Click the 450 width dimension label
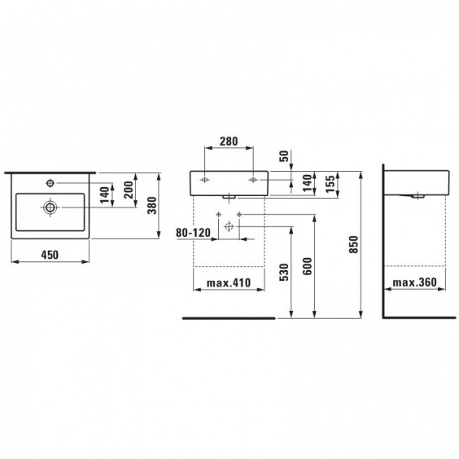point(50,255)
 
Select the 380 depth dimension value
point(152,206)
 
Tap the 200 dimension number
point(129,190)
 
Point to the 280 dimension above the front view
point(229,142)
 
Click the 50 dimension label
point(284,156)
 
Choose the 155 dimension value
point(330,184)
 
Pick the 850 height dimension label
point(354,244)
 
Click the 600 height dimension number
point(307,266)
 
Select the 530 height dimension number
point(284,273)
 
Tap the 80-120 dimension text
point(193,233)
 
